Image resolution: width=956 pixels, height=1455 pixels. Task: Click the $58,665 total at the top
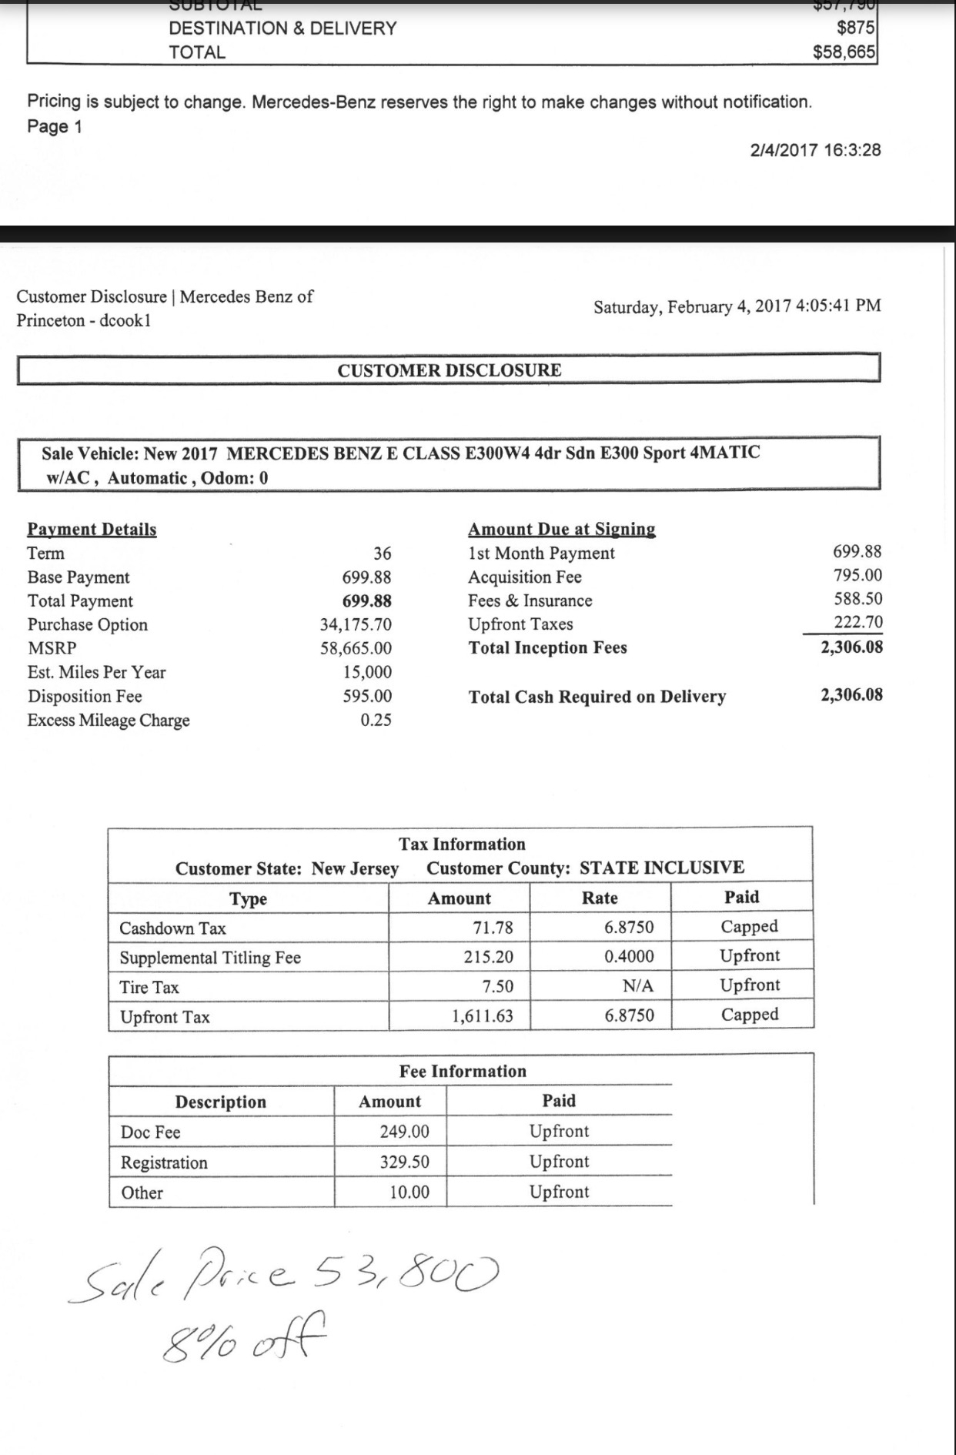point(844,52)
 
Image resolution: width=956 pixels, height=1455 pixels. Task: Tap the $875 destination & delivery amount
point(855,28)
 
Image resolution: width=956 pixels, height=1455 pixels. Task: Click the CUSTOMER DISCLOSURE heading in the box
point(450,370)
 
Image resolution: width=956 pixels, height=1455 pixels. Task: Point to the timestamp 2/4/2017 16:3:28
point(815,150)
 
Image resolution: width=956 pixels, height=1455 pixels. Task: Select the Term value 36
point(382,554)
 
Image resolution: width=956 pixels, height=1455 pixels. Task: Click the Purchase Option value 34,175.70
point(356,624)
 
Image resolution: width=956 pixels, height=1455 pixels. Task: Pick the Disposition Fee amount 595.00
point(367,696)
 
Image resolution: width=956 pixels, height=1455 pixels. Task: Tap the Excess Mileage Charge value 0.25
point(376,720)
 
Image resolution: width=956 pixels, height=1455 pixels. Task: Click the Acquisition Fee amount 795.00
point(857,575)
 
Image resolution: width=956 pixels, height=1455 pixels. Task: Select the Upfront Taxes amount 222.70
point(857,622)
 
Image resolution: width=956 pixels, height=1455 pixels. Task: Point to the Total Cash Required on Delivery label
point(597,697)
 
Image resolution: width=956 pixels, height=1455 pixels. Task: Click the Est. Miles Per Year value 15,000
point(367,672)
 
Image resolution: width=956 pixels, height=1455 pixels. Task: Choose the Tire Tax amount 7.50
point(497,987)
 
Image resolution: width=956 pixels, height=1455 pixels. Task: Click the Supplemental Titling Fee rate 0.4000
point(629,957)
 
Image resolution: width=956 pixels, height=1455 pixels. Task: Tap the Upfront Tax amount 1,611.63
point(482,1016)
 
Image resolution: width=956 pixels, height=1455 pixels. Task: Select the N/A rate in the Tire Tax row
point(638,986)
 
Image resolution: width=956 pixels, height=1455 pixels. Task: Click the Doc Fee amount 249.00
point(404,1132)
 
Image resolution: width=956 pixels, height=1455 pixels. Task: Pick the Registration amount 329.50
point(404,1162)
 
